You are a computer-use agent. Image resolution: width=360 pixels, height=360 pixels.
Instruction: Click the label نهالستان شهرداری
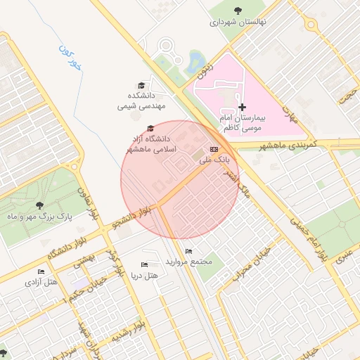(238, 22)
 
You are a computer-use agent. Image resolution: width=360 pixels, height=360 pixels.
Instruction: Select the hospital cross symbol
(243, 107)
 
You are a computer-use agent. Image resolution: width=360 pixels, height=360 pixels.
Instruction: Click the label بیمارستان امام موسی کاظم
(241, 124)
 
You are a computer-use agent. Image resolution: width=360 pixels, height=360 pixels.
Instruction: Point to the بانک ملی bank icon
(214, 149)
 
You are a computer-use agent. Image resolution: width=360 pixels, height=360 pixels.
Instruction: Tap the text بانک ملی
(214, 161)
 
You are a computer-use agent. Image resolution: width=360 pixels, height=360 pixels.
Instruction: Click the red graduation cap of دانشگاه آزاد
(149, 128)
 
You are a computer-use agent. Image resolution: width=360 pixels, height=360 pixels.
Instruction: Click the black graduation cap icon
(141, 84)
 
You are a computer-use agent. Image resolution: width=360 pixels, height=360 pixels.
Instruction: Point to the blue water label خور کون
(70, 60)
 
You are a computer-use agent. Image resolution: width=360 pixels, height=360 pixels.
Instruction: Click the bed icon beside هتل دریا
(144, 264)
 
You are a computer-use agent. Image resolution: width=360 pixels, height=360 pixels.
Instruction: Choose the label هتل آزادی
(42, 282)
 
